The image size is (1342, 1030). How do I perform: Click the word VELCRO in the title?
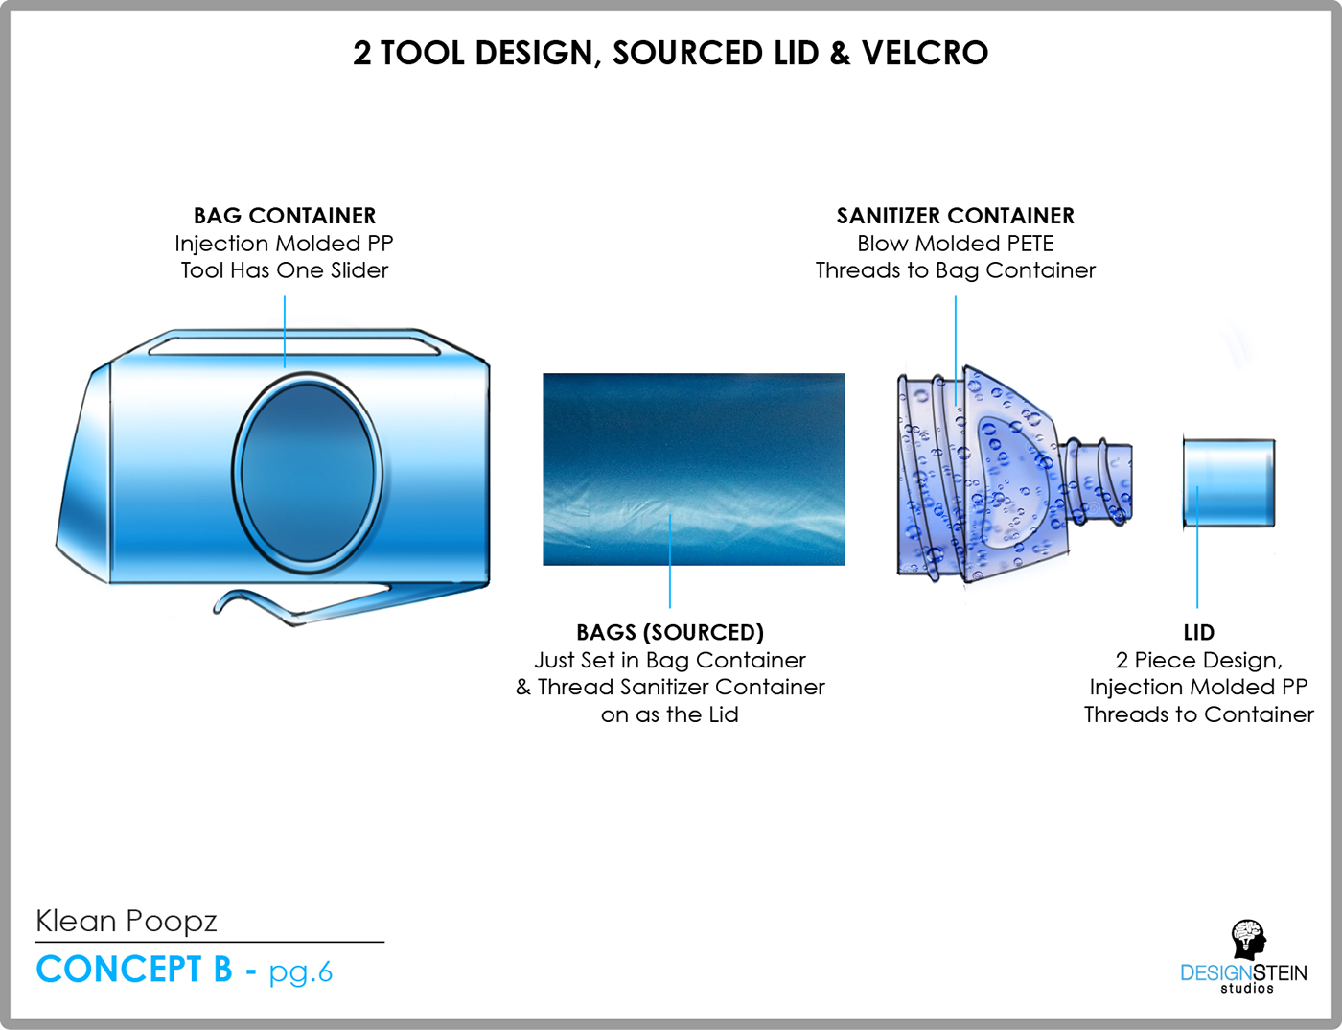pos(924,53)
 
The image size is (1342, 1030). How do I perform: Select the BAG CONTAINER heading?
pos(285,216)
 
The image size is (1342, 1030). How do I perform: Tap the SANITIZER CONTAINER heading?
pos(956,216)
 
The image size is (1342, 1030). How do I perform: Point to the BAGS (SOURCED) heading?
pos(670,633)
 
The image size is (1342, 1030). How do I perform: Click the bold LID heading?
pos(1199,633)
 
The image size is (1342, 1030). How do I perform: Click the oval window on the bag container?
pos(308,473)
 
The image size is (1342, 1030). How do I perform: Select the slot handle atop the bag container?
pos(294,346)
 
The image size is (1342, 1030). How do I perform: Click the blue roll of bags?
pos(694,469)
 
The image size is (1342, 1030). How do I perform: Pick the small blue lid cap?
pos(1229,483)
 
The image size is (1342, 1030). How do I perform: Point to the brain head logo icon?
pos(1248,940)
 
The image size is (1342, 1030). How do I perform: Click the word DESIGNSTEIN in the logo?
pos(1243,973)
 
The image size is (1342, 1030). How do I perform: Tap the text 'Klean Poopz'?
pos(127,922)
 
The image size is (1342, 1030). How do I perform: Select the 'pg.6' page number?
pos(301,971)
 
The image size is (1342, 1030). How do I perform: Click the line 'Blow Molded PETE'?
pos(956,244)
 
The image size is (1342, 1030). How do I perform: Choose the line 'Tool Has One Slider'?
pos(285,270)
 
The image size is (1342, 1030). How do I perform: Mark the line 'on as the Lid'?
pos(670,714)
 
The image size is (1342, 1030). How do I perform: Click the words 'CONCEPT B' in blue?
pos(134,969)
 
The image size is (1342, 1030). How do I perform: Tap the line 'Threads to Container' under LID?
pos(1199,714)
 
